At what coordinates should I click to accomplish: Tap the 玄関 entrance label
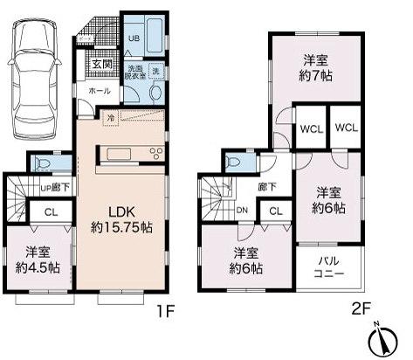pyautogui.click(x=102, y=64)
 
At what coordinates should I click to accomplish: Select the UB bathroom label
pyautogui.click(x=134, y=39)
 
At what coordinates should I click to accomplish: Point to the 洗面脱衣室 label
pyautogui.click(x=135, y=73)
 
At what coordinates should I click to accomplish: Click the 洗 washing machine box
pyautogui.click(x=157, y=70)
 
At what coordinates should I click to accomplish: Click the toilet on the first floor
pyautogui.click(x=41, y=163)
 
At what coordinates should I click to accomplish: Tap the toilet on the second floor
pyautogui.click(x=235, y=163)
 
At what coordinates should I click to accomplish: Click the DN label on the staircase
pyautogui.click(x=243, y=211)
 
